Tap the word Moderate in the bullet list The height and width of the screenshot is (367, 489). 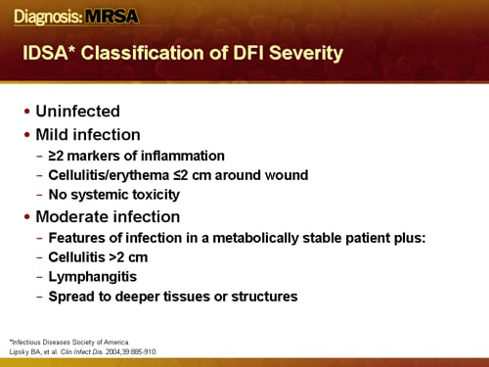tap(74, 216)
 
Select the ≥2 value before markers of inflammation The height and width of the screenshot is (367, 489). tap(58, 157)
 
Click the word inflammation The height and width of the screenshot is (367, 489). tap(182, 157)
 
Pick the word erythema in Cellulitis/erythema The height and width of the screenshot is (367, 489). tap(137, 175)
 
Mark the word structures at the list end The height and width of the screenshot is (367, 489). tap(264, 296)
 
